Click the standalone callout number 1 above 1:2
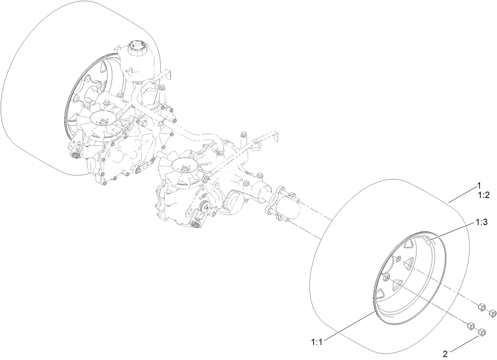coord(478,185)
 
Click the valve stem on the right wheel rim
coord(429,240)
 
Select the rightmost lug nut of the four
coord(492,314)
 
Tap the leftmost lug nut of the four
coord(471,326)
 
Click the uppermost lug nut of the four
coord(481,307)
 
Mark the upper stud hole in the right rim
coord(398,259)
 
